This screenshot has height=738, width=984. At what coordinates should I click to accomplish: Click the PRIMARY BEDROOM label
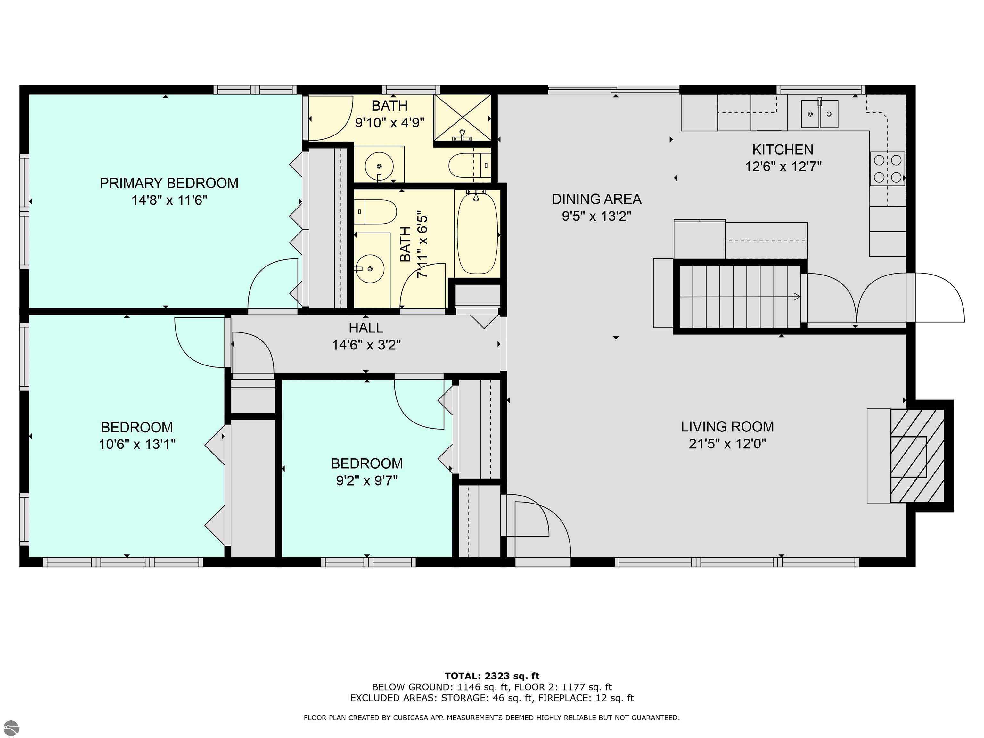pos(169,183)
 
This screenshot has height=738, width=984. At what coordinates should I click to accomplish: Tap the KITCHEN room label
pos(783,150)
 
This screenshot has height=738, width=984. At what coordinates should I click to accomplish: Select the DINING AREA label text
pos(596,199)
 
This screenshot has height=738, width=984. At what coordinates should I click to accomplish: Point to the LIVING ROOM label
pos(727,427)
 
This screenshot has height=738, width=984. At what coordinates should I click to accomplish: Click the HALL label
pos(366,328)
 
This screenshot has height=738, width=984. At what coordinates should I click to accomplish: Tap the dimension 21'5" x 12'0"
pos(727,444)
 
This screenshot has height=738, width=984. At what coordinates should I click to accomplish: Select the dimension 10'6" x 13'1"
pos(137,444)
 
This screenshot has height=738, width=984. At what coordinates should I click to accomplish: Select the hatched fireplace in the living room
pos(917,456)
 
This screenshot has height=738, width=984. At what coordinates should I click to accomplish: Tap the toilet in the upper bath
pos(469,166)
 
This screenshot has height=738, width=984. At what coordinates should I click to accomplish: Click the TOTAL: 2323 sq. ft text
pos(492,676)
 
